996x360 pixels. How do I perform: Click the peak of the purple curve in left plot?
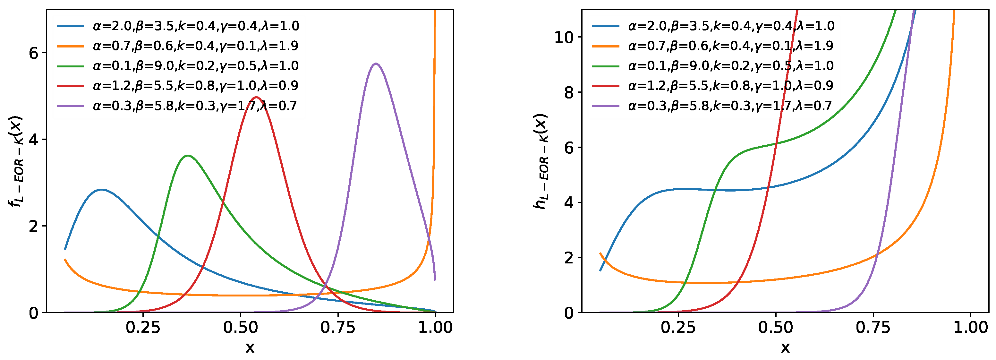375,64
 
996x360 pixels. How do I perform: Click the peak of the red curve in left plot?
256,97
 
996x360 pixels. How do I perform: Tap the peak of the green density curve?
188,155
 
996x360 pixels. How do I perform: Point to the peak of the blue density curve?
101,190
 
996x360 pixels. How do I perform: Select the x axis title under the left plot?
250,347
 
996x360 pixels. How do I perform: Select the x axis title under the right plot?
785,347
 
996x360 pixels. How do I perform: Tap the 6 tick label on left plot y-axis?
34,53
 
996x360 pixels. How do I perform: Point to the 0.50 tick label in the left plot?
240,328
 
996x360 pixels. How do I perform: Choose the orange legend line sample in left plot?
70,46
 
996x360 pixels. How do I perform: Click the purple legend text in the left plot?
195,106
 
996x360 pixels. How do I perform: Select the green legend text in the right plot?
731,66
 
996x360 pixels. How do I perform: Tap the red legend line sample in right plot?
606,86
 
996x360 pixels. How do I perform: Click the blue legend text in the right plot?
731,26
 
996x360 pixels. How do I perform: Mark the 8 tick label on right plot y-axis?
569,92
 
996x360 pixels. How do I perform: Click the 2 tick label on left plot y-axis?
34,226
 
